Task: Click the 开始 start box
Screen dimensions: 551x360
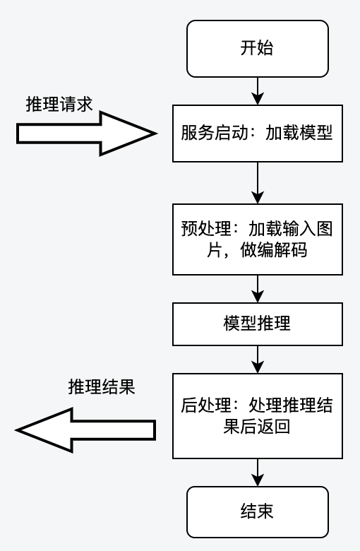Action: (257, 48)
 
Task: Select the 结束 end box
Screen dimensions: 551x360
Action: (257, 511)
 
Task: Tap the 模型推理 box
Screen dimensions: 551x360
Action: (257, 324)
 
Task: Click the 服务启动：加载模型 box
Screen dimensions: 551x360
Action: (257, 134)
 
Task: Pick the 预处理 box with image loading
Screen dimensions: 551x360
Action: (257, 239)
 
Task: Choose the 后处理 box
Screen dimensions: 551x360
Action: (257, 416)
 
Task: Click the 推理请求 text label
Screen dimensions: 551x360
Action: (59, 104)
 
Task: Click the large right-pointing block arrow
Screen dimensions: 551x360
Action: (85, 134)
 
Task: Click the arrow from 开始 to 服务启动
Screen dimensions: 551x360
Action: (258, 90)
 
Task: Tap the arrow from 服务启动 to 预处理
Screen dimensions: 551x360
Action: (258, 183)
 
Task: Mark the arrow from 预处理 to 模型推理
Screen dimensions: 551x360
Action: (258, 289)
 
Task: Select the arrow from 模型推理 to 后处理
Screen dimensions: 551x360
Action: (258, 360)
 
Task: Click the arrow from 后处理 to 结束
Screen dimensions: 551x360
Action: (258, 472)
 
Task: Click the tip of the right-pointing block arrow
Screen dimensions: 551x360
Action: (154, 134)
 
